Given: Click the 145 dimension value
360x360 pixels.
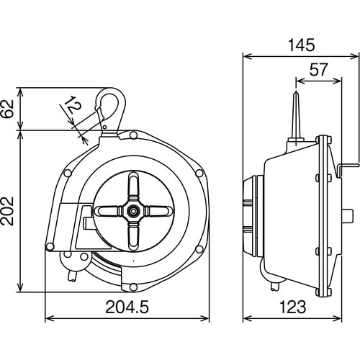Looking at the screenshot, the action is [301, 45].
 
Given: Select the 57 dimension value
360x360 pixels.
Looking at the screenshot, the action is [318, 70].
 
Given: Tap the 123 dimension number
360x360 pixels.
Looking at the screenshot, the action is [293, 307].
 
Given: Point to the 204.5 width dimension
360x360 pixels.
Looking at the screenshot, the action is [127, 307].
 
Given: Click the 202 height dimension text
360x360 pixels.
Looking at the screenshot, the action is [8, 211].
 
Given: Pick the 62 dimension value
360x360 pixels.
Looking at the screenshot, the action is [8, 109].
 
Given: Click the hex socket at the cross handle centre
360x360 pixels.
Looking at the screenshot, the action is [133, 211].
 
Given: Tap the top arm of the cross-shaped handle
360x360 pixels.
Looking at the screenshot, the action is [133, 185].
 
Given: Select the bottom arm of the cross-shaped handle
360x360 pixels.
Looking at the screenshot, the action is [133, 237].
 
